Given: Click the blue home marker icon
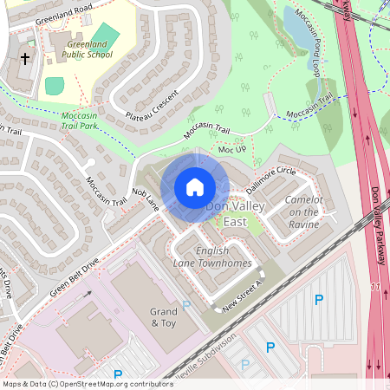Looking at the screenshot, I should tap(195, 186).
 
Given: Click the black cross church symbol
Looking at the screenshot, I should tap(25, 59).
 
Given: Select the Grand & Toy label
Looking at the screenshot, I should tap(163, 317).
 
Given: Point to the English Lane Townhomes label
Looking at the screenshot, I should tap(211, 257).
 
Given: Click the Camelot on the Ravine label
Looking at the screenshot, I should tap(303, 211).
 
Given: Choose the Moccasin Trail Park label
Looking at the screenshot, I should tap(89, 120).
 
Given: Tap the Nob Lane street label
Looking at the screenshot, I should tap(146, 198).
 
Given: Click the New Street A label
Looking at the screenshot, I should tap(242, 296).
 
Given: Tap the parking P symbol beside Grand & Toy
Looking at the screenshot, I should tap(186, 305).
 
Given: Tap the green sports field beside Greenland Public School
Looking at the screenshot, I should tap(55, 85).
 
